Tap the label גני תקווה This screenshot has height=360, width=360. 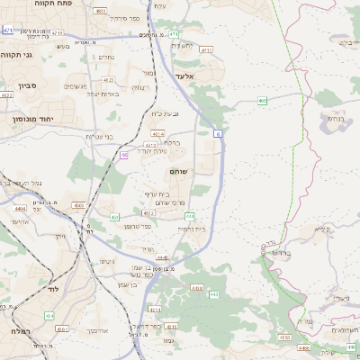pyautogui.click(x=16, y=55)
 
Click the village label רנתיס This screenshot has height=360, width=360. pyautogui.click(x=335, y=119)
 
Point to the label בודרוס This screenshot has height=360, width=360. pyautogui.click(x=283, y=253)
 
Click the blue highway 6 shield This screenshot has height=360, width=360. pyautogui.click(x=218, y=133)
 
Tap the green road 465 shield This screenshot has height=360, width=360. pyautogui.click(x=262, y=101)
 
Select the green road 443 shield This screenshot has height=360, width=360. pyautogui.click(x=214, y=294)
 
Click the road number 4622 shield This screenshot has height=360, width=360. pyautogui.click(x=6, y=94)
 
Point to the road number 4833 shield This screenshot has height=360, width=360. pyautogui.click(x=284, y=337)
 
